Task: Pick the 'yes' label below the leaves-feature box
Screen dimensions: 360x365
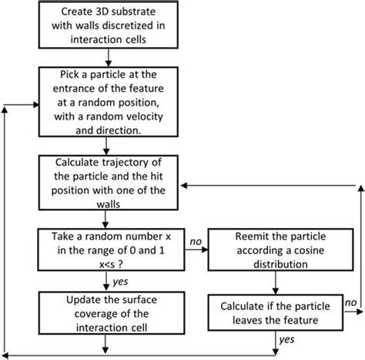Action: point(286,338)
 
